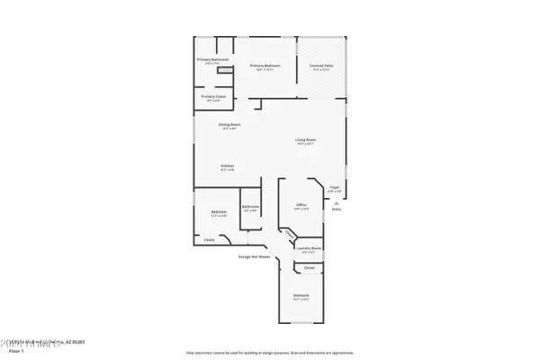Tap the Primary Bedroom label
[x=265, y=66]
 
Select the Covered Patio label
[x=322, y=66]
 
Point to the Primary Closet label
[x=212, y=97]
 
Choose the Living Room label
[x=305, y=139]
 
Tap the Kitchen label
[x=228, y=166]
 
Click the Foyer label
[x=334, y=186]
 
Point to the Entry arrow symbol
[x=337, y=201]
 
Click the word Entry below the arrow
[x=337, y=209]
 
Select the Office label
[x=301, y=205]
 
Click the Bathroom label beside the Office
[x=250, y=207]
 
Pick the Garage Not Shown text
[x=255, y=256]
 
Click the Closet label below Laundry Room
[x=310, y=267]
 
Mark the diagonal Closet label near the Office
[x=289, y=234]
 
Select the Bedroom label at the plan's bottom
[x=301, y=295]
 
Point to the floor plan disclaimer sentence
[x=269, y=350]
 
